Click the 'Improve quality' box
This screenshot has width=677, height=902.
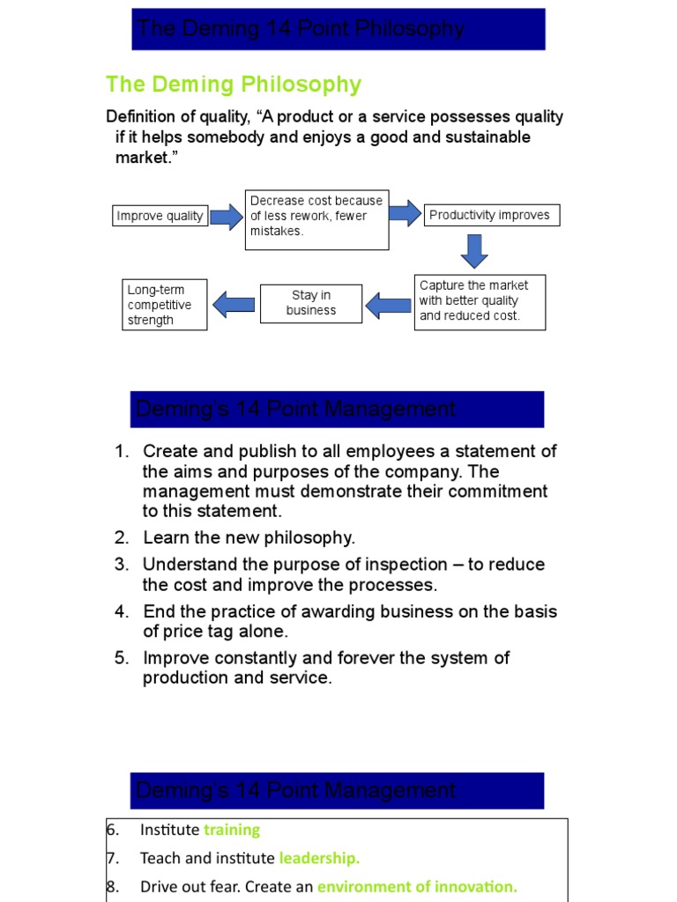pos(160,216)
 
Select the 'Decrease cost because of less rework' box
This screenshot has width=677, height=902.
pos(316,217)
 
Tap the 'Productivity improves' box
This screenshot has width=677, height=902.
pos(491,215)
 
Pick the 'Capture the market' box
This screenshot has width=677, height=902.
pos(480,300)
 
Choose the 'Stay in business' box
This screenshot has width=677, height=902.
pos(311,303)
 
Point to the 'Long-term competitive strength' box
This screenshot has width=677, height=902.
pos(165,305)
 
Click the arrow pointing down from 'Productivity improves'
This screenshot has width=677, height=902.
pos(474,251)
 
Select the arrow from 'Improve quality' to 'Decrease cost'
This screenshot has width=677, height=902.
pos(227,216)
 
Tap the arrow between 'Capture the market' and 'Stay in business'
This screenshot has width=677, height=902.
pos(388,305)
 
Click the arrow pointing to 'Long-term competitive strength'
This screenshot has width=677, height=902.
pos(234,305)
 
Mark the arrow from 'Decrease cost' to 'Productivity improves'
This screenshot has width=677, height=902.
pos(405,212)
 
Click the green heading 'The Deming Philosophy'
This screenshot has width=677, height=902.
pos(234,85)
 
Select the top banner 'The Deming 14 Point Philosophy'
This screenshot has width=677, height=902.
pos(338,29)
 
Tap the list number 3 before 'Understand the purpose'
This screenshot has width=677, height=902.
pos(121,565)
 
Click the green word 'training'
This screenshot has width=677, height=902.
pos(232,830)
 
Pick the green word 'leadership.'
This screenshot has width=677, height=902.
pos(320,858)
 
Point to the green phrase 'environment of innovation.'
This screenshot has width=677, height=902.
pos(417,887)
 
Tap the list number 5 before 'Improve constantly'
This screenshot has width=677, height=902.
pos(121,658)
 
